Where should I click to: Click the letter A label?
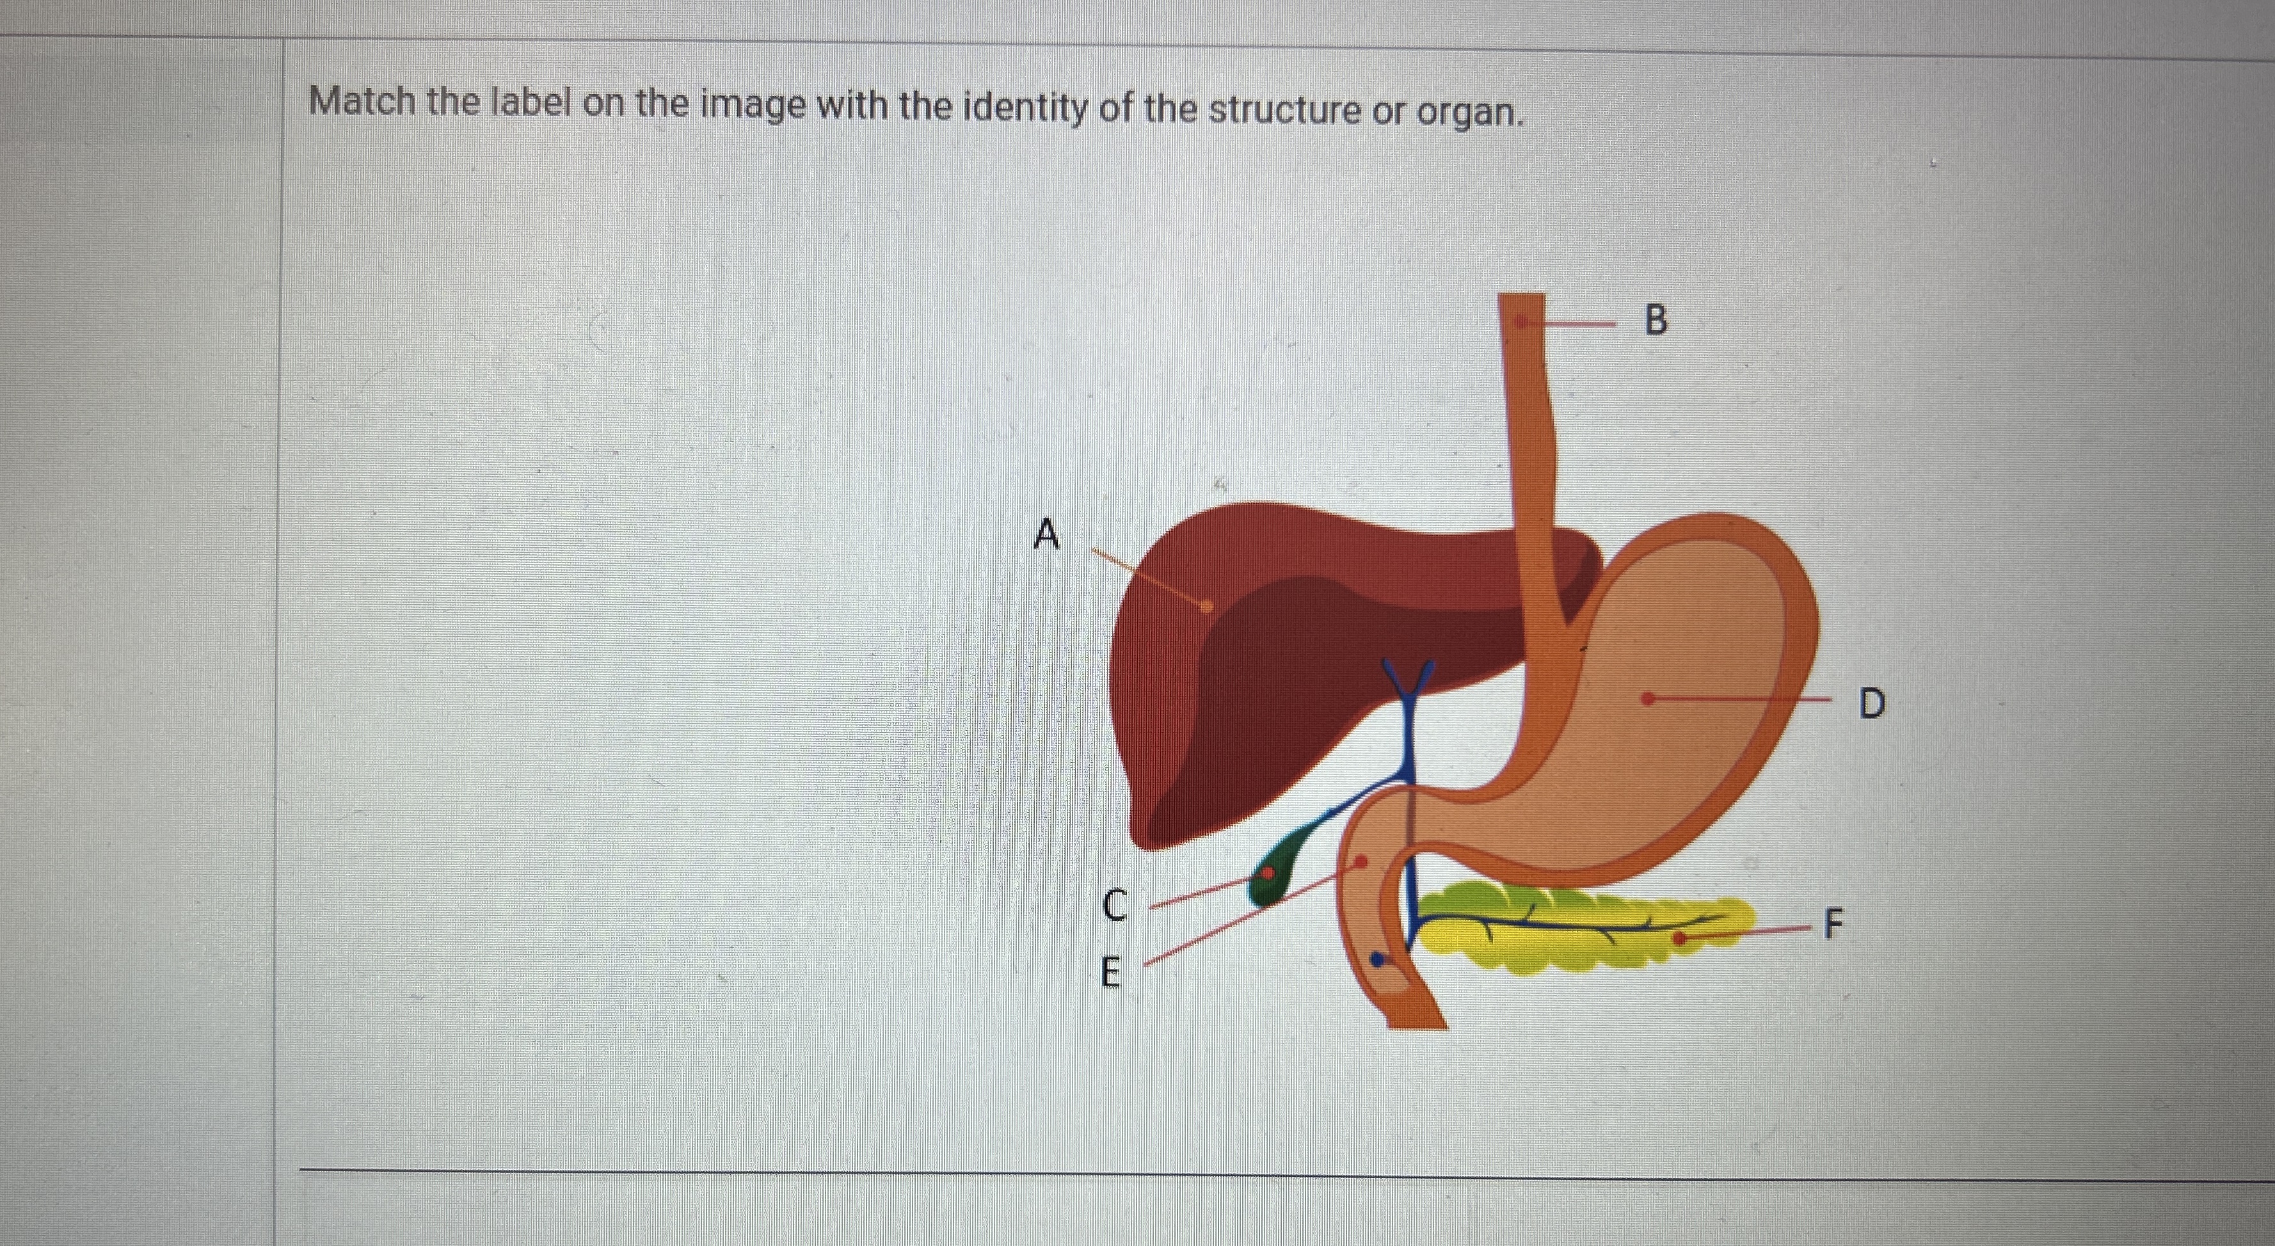click(x=1046, y=534)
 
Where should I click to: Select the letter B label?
click(x=1657, y=321)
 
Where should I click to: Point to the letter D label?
click(x=1871, y=704)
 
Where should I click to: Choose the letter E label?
click(x=1111, y=974)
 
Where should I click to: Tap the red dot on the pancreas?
click(x=1680, y=938)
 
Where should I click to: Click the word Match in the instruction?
click(x=362, y=102)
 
